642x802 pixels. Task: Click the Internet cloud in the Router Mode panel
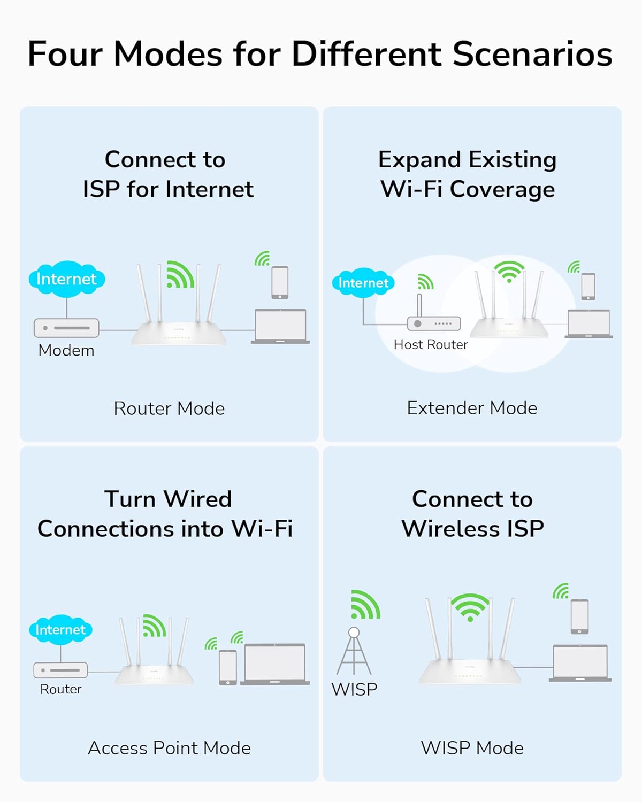(66, 279)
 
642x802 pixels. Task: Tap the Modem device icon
(66, 328)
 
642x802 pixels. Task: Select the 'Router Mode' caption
(169, 408)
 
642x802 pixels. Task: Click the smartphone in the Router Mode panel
(280, 282)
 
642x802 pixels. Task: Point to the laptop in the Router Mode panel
(280, 326)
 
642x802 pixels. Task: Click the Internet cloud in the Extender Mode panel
(363, 283)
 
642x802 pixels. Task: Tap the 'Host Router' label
(431, 345)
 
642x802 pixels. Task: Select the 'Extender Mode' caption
(472, 408)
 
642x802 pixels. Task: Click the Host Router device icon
(433, 323)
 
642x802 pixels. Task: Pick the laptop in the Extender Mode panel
(588, 324)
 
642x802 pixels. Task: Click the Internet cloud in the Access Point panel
(60, 630)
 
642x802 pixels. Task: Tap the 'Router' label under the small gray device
(61, 689)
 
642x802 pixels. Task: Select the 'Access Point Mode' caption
(169, 748)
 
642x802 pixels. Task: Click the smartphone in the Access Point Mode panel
(228, 667)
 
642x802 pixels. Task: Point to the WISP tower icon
(354, 652)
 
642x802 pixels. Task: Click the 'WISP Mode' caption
(472, 748)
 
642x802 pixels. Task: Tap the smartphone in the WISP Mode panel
(579, 616)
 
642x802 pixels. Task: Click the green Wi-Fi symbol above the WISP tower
(365, 605)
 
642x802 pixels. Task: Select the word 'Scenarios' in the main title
(532, 54)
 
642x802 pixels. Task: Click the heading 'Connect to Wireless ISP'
(472, 514)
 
